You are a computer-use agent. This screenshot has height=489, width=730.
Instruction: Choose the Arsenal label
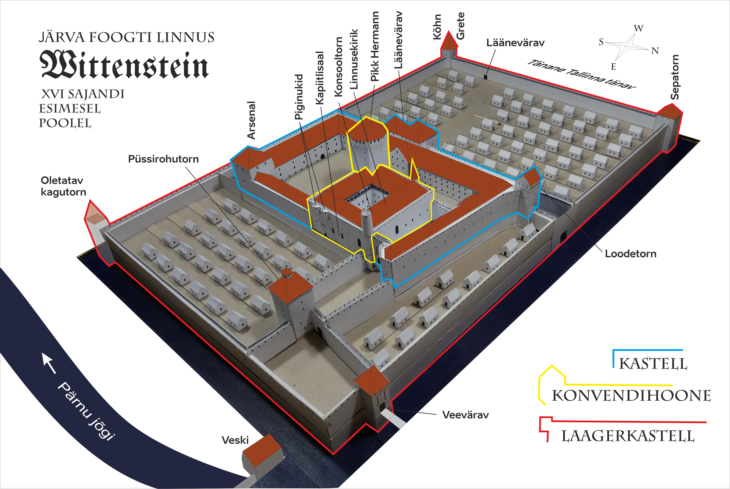pos(251,120)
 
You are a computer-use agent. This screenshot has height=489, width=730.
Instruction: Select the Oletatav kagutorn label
pos(63,186)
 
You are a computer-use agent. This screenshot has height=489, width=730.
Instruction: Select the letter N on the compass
pos(655,51)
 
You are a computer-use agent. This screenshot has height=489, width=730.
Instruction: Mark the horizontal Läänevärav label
pos(515,43)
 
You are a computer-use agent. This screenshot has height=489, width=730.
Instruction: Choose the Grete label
pos(461,26)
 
